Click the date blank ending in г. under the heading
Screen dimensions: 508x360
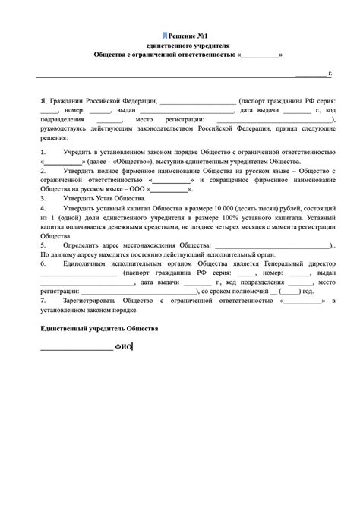(x=313, y=74)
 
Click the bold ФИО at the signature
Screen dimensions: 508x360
(x=123, y=347)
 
